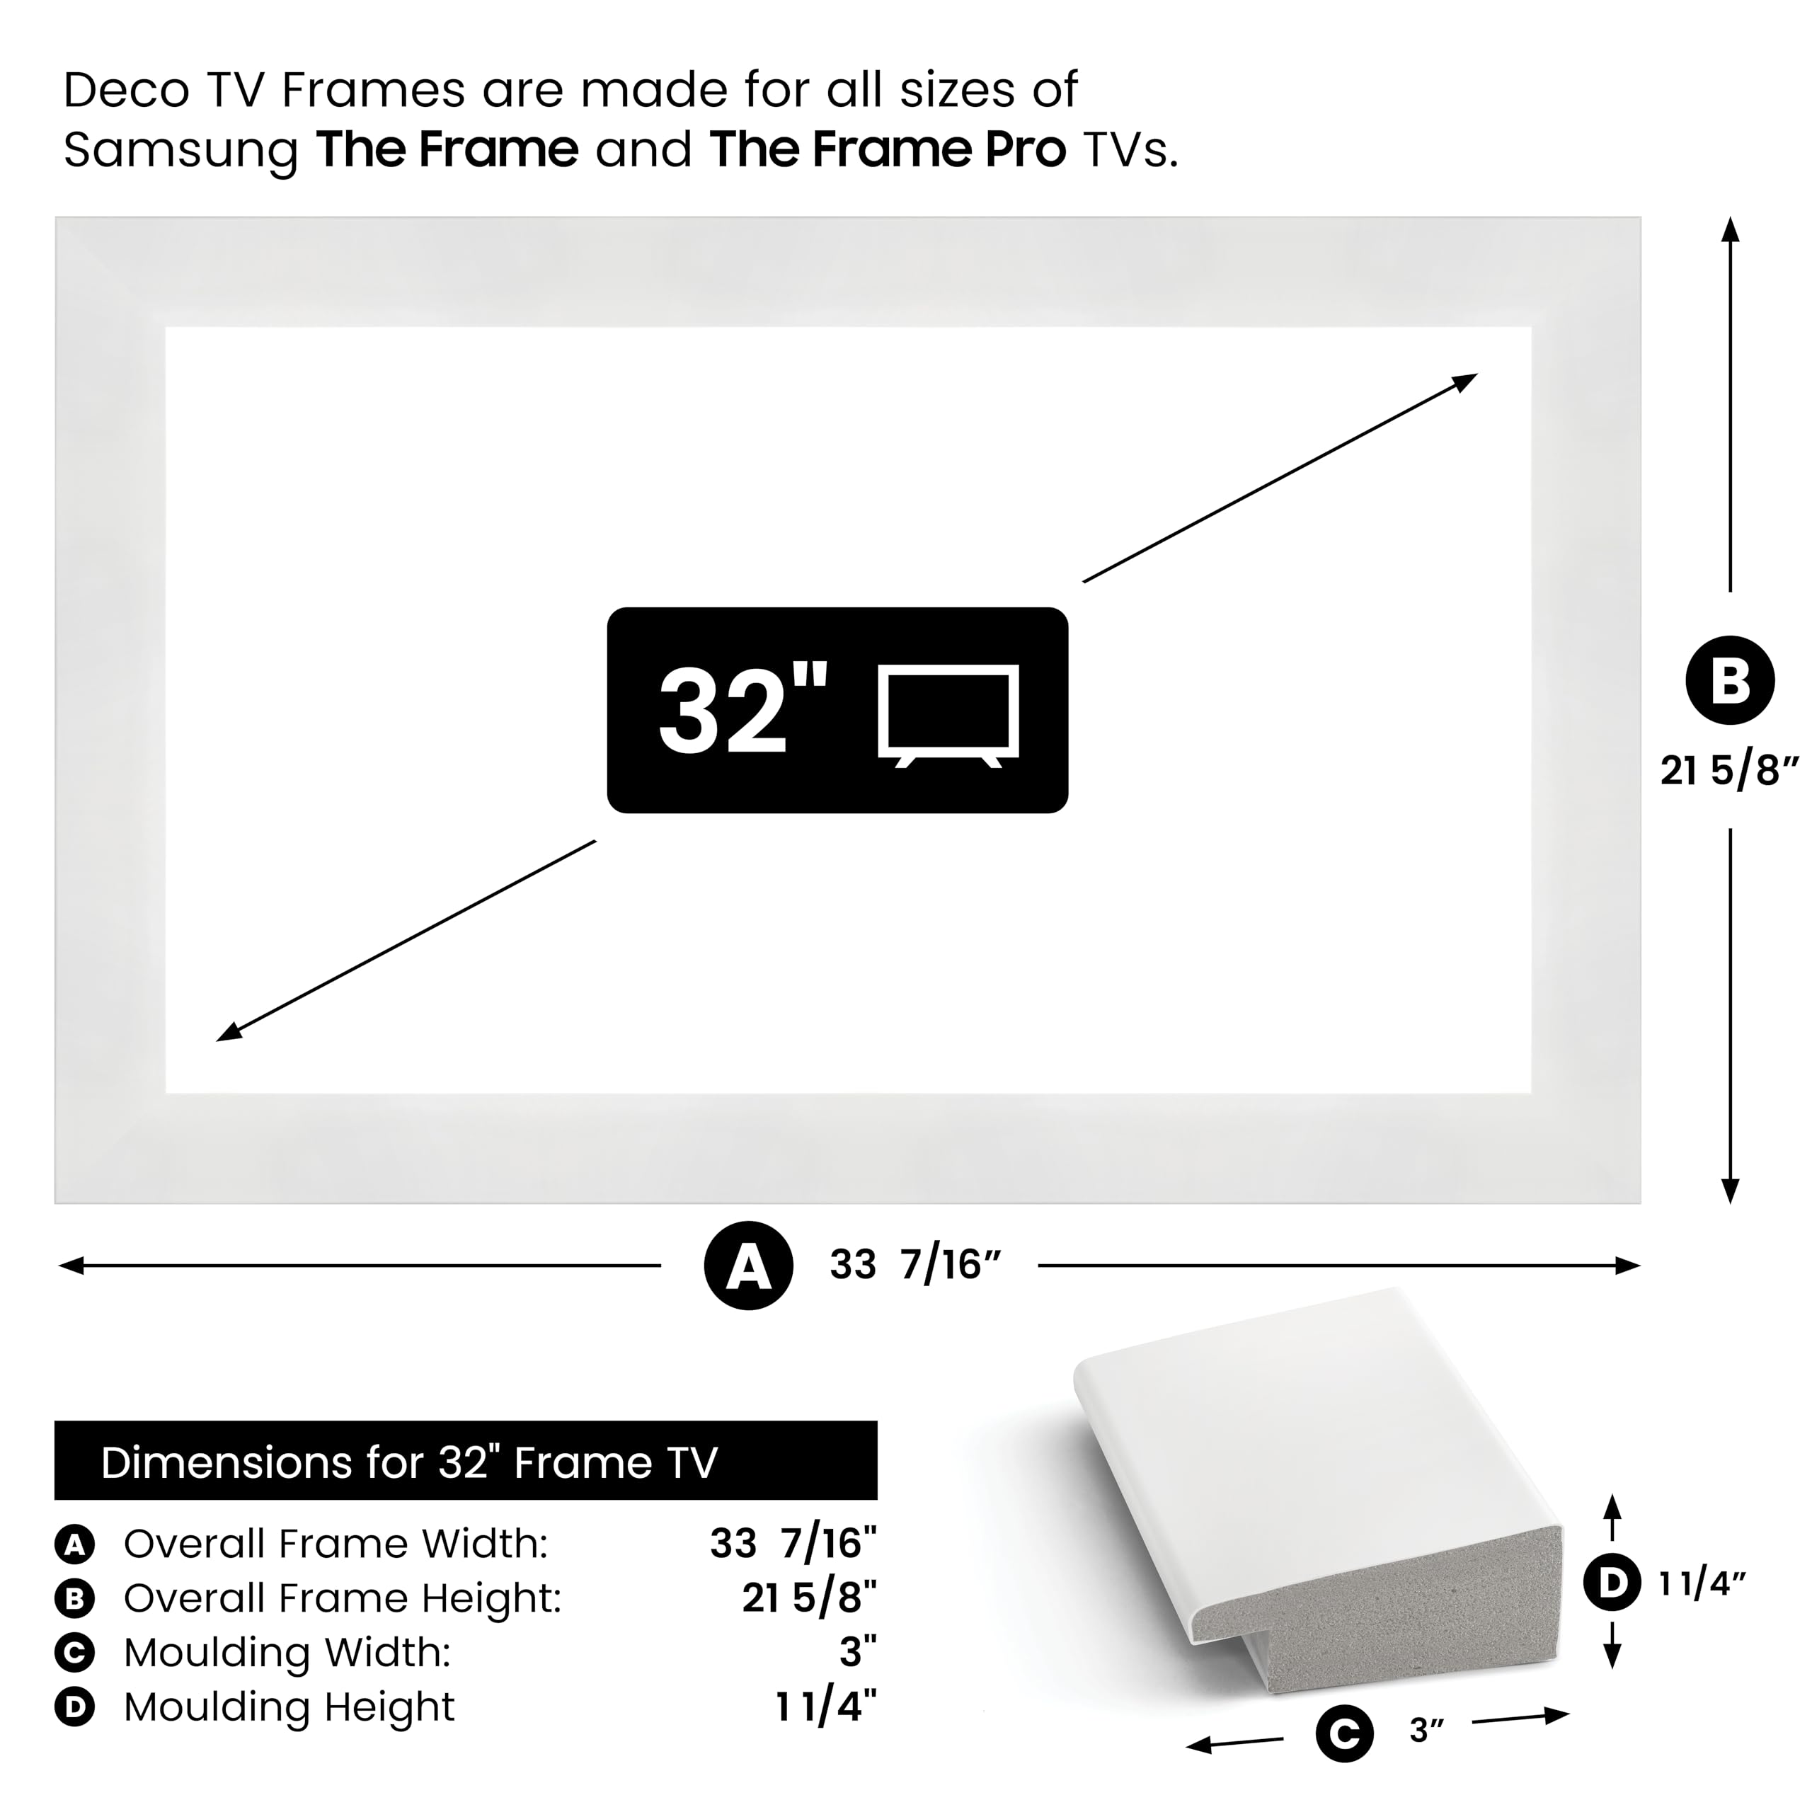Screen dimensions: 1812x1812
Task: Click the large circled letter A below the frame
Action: tap(748, 1265)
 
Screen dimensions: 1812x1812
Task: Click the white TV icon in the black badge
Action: tap(948, 715)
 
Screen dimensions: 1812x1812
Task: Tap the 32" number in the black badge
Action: tap(741, 711)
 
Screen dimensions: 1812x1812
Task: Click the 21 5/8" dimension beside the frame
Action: tap(1728, 771)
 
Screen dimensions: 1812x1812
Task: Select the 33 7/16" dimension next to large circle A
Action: tap(915, 1265)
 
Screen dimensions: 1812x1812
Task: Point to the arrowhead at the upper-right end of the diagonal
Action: tap(1466, 380)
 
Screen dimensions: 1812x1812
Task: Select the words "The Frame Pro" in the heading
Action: tap(887, 150)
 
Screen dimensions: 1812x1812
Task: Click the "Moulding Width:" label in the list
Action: tap(287, 1653)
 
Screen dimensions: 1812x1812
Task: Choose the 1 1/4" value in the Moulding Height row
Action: tap(825, 1707)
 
